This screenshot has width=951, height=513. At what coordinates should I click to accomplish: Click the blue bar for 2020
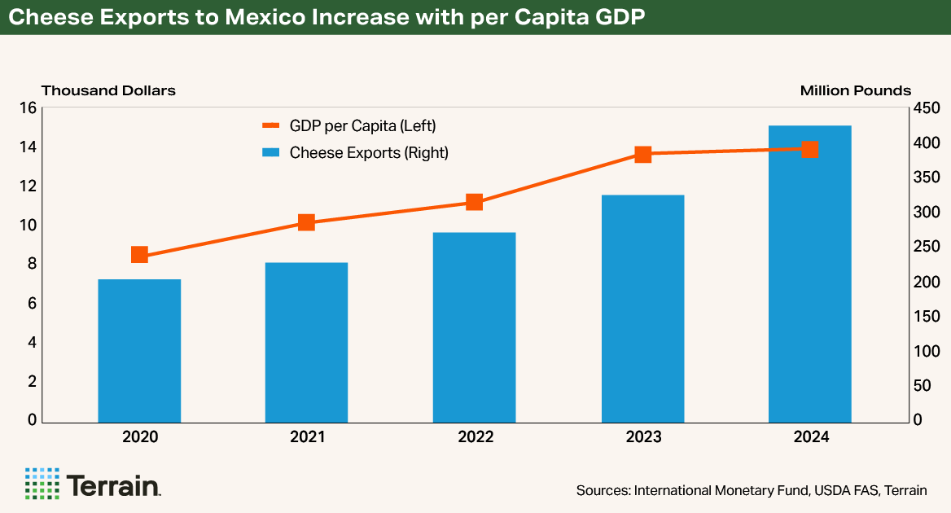[x=139, y=351]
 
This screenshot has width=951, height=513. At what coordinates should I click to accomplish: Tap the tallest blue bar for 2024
[x=810, y=274]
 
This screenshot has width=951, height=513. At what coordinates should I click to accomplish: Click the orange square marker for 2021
[x=306, y=222]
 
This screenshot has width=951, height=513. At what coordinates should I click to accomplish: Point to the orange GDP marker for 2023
[x=643, y=154]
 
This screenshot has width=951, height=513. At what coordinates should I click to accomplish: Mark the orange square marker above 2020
[x=139, y=255]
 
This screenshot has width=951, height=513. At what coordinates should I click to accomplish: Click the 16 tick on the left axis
[x=28, y=108]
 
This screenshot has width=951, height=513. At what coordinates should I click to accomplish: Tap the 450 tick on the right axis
[x=928, y=108]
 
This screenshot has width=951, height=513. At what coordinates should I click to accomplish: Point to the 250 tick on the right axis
[x=928, y=248]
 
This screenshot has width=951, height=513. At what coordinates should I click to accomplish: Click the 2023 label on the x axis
[x=643, y=438]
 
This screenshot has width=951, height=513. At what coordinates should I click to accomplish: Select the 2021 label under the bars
[x=307, y=438]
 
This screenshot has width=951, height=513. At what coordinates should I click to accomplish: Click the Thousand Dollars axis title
[x=108, y=90]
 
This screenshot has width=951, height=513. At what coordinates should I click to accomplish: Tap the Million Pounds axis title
[x=855, y=90]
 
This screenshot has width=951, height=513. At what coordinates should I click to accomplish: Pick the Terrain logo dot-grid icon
[x=42, y=484]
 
